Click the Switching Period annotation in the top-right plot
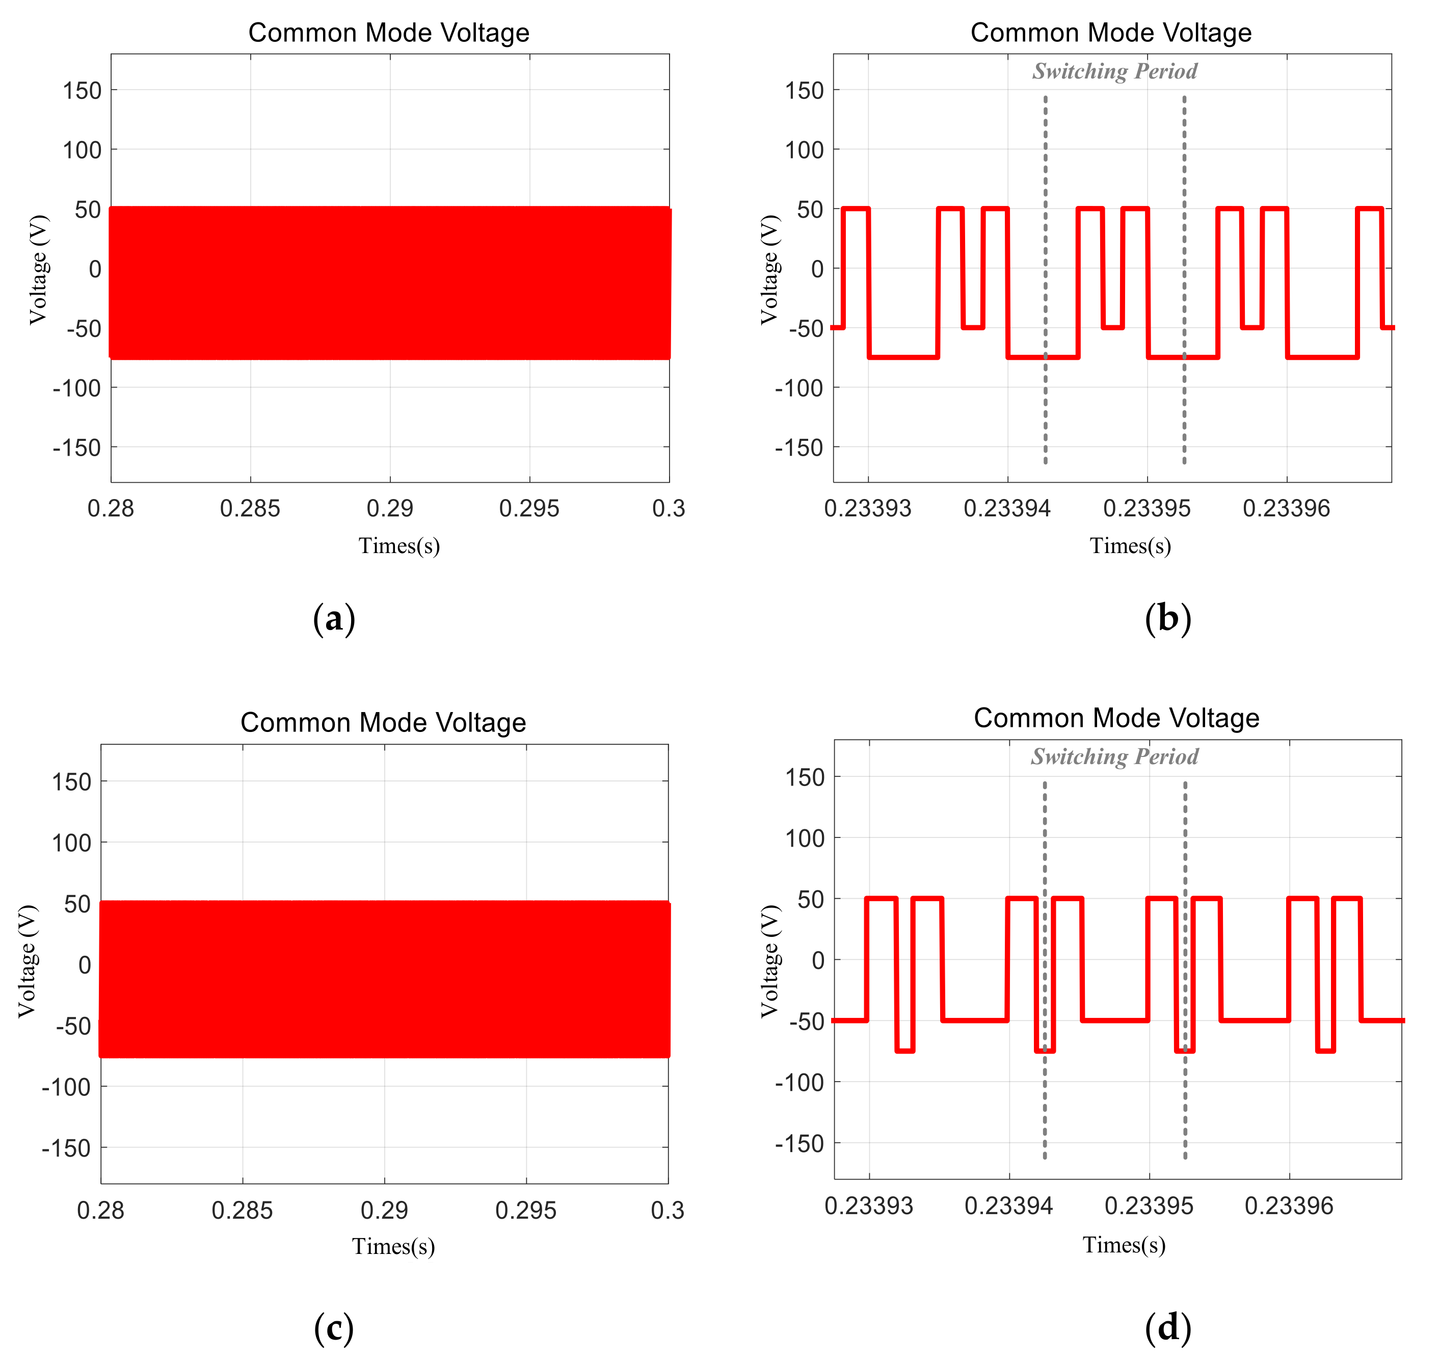point(1114,71)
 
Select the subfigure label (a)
point(334,619)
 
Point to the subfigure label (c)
point(334,1328)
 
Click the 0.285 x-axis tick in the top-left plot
point(250,508)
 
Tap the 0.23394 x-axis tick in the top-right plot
point(1007,508)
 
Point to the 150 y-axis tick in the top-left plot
point(82,91)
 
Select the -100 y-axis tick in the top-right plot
point(799,388)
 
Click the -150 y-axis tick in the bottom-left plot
point(66,1148)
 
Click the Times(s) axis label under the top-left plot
point(399,545)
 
